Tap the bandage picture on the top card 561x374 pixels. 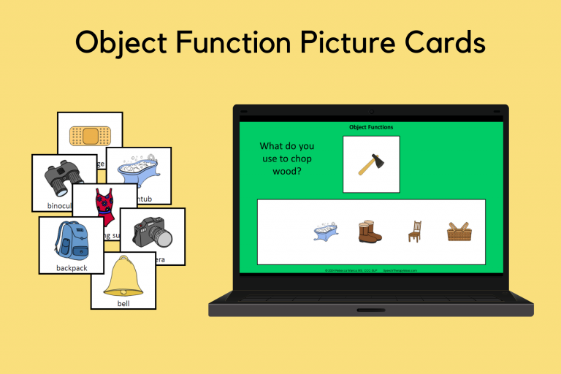90,135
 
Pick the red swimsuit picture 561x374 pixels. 104,207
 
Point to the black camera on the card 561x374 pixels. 152,232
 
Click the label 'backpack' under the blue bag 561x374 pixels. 71,267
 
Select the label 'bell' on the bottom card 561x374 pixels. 123,302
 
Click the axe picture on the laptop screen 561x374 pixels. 370,164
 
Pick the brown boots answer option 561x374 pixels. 370,232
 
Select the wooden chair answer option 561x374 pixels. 414,232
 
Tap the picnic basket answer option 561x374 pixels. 459,232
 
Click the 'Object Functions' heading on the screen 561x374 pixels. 371,127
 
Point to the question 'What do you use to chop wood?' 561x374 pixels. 286,159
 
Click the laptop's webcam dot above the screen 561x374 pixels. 371,112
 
